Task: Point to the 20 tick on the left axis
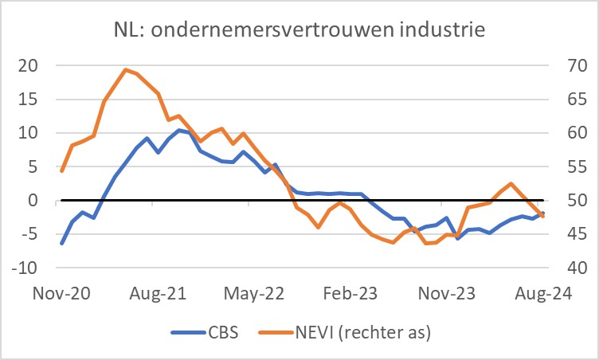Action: [x=29, y=65]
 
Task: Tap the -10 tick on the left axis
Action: [x=25, y=268]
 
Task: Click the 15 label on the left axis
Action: [x=29, y=100]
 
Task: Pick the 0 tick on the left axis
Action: [x=33, y=201]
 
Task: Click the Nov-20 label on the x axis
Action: [x=62, y=293]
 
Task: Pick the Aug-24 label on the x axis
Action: [x=540, y=293]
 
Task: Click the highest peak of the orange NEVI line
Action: [x=126, y=69]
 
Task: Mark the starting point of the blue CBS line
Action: [x=62, y=243]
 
